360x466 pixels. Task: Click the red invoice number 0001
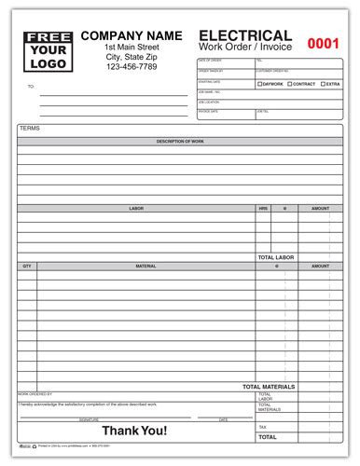click(x=324, y=42)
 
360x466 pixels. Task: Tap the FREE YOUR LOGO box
click(x=45, y=51)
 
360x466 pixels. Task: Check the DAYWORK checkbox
click(x=259, y=85)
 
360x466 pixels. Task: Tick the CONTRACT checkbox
click(x=290, y=85)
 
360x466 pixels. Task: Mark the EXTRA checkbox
click(x=323, y=85)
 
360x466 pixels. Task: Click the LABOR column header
click(x=136, y=209)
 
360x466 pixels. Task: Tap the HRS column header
click(x=263, y=209)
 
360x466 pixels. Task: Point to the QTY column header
click(x=27, y=266)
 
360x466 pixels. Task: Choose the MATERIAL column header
click(x=145, y=266)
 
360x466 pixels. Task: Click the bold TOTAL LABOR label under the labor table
click(x=276, y=256)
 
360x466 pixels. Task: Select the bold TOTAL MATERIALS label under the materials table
click(x=269, y=386)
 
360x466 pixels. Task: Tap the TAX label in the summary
click(x=263, y=426)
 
